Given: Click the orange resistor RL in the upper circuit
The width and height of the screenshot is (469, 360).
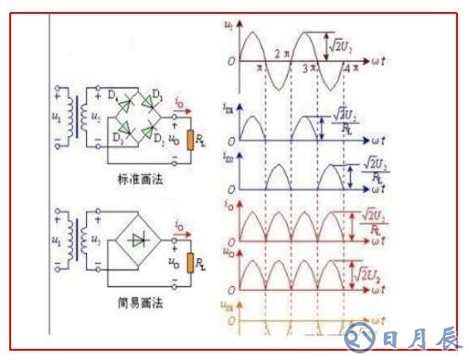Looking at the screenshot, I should (x=189, y=141).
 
